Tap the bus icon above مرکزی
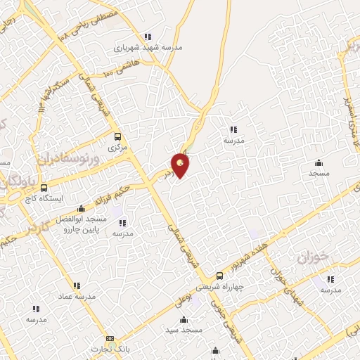point(117,136)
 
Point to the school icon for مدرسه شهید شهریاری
point(147,37)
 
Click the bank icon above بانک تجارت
point(109,338)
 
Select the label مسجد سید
point(184,330)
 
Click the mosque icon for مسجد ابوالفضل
point(82,208)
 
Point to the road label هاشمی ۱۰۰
point(112,69)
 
